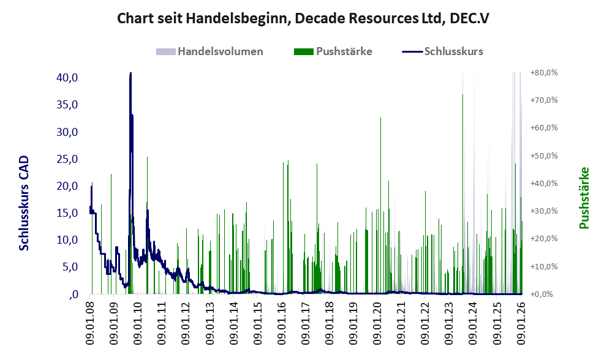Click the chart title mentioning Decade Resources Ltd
[303, 18]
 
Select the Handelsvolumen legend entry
[221, 51]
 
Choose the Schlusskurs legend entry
[453, 51]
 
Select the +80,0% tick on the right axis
[545, 73]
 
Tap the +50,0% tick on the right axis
[545, 156]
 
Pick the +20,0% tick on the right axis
[545, 239]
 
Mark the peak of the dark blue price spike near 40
[130, 74]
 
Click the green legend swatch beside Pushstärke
[303, 51]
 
